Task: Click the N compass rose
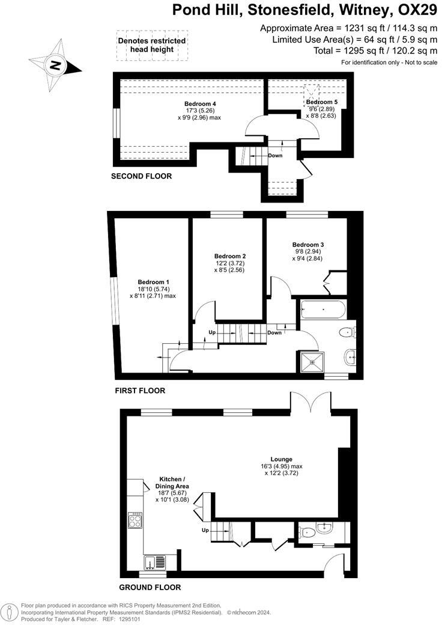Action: [x=55, y=65]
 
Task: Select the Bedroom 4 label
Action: [x=199, y=104]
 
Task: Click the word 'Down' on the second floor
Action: [x=275, y=155]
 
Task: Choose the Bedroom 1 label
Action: [x=153, y=282]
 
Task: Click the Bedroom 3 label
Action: [x=308, y=245]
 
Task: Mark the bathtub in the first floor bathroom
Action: [x=322, y=310]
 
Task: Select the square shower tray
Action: [x=311, y=361]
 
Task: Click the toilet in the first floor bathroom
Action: [x=347, y=333]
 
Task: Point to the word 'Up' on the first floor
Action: [x=212, y=332]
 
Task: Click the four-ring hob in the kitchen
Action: [x=135, y=519]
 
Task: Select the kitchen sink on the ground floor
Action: [x=155, y=562]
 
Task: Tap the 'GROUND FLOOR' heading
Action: [x=150, y=587]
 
